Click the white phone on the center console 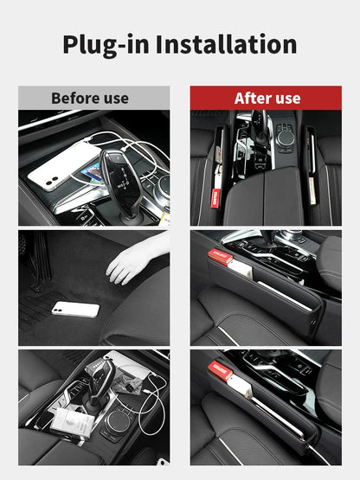[x=63, y=166]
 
